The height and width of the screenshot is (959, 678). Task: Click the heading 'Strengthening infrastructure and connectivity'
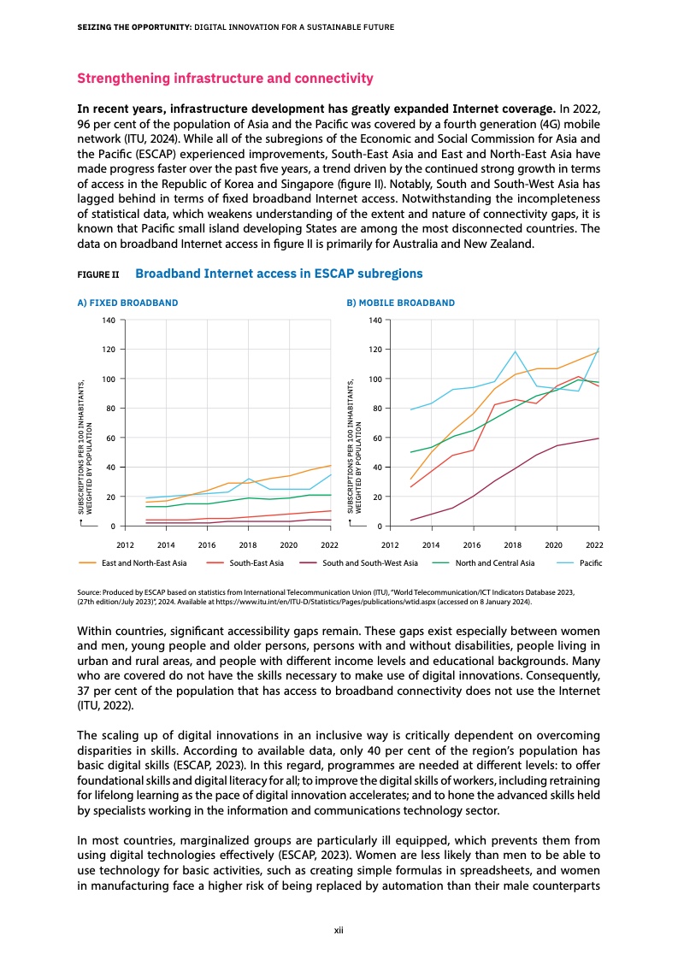click(226, 79)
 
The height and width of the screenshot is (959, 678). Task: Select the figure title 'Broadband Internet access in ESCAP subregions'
click(279, 274)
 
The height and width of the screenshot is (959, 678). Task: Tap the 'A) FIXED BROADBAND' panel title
click(128, 303)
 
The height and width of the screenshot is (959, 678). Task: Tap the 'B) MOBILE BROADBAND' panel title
click(400, 303)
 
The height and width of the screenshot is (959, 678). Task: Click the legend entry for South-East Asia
click(256, 562)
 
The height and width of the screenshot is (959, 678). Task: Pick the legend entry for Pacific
click(590, 562)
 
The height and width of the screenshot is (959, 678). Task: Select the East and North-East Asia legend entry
click(142, 562)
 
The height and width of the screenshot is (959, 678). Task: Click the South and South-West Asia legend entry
click(370, 562)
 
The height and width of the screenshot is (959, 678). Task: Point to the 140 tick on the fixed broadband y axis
click(108, 321)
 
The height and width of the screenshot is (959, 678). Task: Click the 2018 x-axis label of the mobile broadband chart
click(513, 544)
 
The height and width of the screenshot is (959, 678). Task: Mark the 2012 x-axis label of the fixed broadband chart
click(125, 544)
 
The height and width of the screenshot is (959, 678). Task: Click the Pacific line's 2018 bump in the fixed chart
click(248, 479)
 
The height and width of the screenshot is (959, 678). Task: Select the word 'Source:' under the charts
click(90, 591)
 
